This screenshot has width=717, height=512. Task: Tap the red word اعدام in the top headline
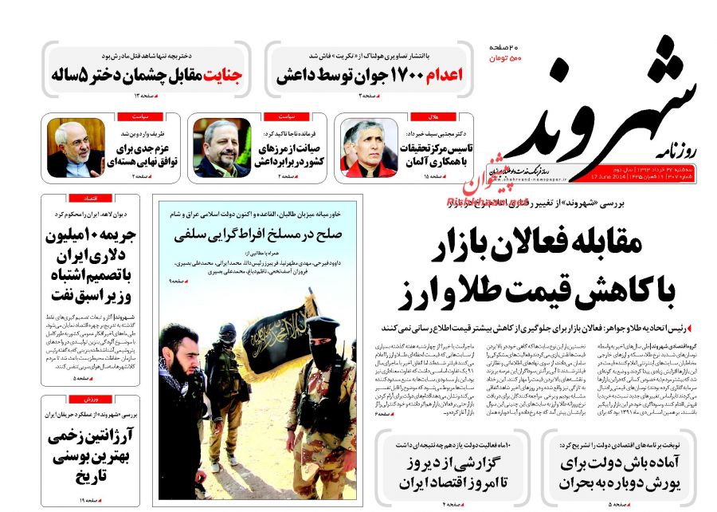coord(442,76)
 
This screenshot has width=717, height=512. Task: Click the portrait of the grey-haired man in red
coord(364,148)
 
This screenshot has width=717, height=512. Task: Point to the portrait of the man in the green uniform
coord(222,148)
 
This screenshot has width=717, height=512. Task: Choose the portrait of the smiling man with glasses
coord(75,148)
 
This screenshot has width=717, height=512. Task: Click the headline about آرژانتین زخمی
coord(91,455)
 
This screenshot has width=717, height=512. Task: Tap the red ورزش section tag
coord(89,398)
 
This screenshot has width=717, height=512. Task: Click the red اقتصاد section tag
coord(89,196)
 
